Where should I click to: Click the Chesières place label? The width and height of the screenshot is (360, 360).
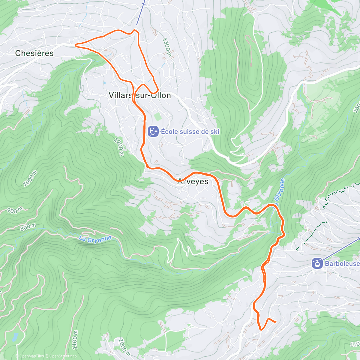(34, 53)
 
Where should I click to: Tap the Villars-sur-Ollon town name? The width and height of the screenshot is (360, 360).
(139, 95)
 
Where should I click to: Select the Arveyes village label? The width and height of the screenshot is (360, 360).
(193, 181)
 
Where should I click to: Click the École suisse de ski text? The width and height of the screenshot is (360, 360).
(190, 131)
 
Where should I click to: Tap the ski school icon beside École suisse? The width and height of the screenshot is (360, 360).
(153, 131)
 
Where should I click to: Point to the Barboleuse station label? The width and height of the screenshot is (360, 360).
(342, 263)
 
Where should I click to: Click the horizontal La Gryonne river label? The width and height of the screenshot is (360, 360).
(95, 239)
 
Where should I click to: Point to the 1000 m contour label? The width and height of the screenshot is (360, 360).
(30, 178)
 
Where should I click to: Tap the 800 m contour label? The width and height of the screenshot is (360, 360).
(28, 227)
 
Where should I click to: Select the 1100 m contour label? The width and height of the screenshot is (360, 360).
(75, 340)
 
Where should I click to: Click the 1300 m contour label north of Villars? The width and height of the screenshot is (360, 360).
(167, 47)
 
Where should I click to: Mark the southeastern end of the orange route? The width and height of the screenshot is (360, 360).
(275, 322)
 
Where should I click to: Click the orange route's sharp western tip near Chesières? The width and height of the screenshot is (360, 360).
(76, 45)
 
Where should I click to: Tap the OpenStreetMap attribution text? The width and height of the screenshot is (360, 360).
(63, 356)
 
